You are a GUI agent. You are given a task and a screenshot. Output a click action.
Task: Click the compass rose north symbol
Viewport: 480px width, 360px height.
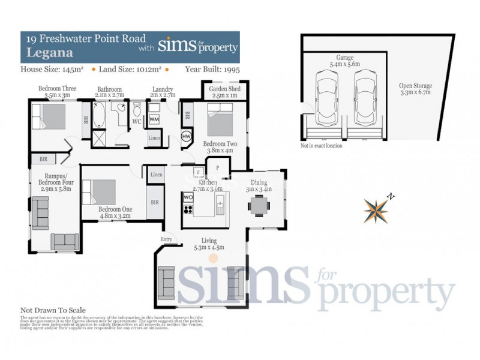coord(377,208)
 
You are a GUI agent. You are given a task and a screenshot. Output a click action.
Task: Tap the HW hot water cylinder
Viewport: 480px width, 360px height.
coord(187,137)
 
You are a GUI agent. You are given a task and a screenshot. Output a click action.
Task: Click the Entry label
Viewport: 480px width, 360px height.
coord(166,239)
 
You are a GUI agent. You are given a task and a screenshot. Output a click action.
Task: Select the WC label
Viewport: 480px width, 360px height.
coord(136,121)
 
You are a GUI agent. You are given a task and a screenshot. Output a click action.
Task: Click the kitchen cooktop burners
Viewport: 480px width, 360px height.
coord(188,210)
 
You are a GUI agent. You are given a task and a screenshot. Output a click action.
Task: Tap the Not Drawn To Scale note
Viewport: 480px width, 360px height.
coord(53,310)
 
